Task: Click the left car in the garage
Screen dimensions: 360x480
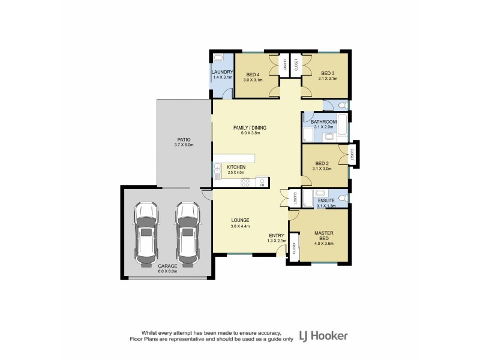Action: click(x=146, y=233)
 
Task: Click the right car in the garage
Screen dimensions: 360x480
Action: click(x=187, y=233)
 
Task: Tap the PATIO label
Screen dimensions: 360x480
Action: click(x=184, y=139)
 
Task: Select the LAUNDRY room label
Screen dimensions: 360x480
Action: click(x=221, y=73)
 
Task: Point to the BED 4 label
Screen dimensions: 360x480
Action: click(x=253, y=74)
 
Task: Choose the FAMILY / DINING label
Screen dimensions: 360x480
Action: click(x=250, y=127)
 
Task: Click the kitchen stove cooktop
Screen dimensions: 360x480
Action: click(x=245, y=182)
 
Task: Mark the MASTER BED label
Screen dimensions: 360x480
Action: click(x=323, y=235)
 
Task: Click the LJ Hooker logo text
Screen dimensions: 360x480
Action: click(x=323, y=335)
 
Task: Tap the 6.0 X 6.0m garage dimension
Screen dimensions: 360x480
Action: click(x=167, y=271)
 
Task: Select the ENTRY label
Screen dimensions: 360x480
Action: click(x=277, y=235)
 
